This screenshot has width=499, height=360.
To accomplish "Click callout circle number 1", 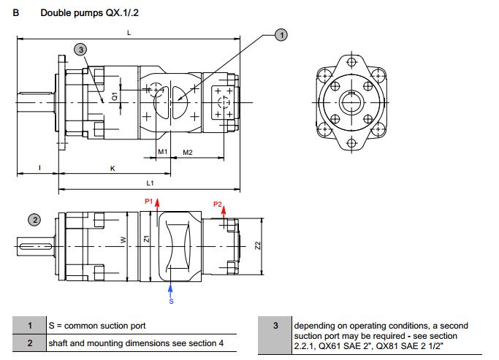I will tap(281, 34).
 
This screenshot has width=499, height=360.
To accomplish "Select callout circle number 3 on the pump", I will tap(80, 48).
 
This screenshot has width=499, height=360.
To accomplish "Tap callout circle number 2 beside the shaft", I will tap(34, 219).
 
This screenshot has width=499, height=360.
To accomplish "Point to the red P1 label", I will tap(148, 201).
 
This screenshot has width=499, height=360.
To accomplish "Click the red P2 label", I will tap(217, 204).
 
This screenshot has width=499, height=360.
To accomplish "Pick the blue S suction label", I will tap(171, 301).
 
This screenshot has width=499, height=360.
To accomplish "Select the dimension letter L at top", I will tap(129, 33).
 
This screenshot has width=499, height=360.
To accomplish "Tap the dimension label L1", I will tap(150, 183).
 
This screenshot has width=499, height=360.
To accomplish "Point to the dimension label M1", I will tap(164, 152).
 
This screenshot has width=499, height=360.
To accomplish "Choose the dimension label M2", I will tap(187, 152).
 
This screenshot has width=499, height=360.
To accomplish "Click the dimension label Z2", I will tap(257, 246).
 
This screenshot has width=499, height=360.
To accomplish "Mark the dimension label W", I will tap(123, 240).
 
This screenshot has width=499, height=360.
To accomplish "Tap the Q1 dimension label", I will tap(115, 96).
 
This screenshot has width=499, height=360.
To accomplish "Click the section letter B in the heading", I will tap(16, 12).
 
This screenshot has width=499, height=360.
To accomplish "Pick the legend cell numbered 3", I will tap(275, 325).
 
